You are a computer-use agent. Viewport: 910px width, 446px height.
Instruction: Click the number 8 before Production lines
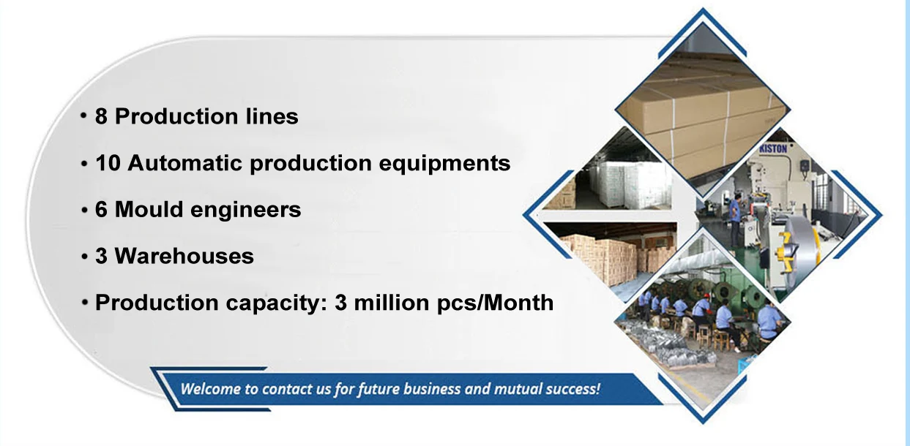102,116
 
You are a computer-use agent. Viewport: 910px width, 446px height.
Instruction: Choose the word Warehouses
184,257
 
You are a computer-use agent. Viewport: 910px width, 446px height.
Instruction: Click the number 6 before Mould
102,210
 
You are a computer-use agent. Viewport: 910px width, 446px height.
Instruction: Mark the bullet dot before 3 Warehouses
85,257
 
